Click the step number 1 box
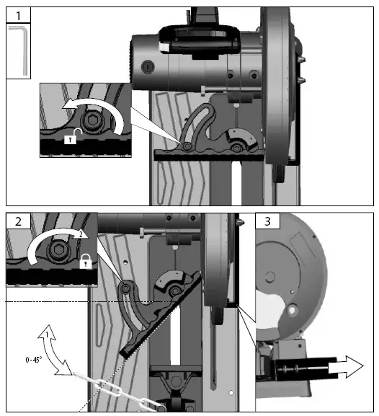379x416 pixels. [18, 14]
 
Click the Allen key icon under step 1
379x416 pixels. [19, 50]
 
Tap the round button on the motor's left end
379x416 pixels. [148, 66]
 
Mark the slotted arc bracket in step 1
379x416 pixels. [241, 138]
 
